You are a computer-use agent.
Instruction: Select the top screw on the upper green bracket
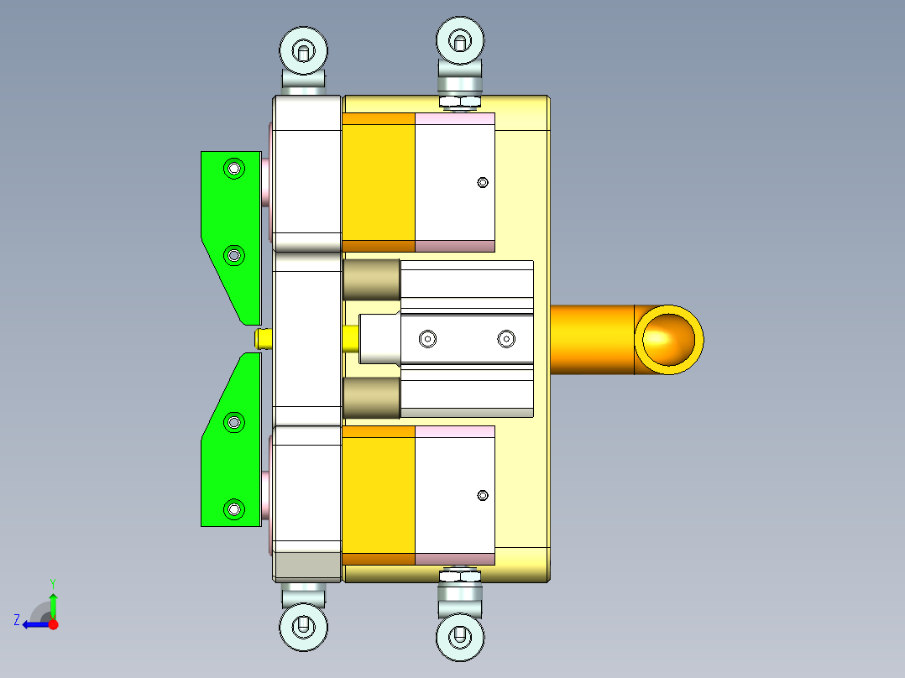[x=233, y=169]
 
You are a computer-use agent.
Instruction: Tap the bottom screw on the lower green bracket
[x=233, y=508]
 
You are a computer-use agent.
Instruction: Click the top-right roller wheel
[x=460, y=39]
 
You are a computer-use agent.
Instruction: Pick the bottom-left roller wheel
[x=303, y=625]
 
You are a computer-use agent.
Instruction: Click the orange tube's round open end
[x=668, y=339]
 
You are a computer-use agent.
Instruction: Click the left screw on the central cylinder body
[x=428, y=339]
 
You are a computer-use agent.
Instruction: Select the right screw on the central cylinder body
[x=505, y=339]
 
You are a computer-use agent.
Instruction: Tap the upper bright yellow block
[x=379, y=182]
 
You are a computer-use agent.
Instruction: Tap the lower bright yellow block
[x=379, y=495]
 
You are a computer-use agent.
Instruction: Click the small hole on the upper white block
[x=482, y=182]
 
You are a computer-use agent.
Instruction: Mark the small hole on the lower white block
[x=482, y=495]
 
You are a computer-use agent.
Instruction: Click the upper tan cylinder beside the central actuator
[x=371, y=279]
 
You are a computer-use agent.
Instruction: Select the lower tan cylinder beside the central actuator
[x=371, y=397]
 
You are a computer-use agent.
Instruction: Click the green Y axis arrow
[x=53, y=602]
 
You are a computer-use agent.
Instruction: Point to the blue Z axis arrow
[x=34, y=624]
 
